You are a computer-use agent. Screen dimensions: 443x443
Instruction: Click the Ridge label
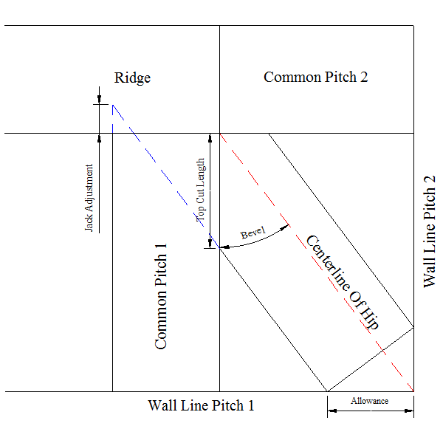(132, 78)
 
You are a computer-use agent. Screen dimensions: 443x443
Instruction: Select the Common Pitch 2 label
(315, 77)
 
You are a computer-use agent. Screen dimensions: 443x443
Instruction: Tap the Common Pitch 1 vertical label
(161, 296)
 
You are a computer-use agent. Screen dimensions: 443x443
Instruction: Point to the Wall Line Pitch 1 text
(201, 405)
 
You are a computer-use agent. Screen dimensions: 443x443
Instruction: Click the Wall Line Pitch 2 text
(430, 232)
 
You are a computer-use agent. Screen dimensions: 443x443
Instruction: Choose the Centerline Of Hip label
(343, 282)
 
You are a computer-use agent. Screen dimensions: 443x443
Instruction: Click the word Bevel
(253, 233)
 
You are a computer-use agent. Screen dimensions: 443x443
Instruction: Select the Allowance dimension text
(370, 401)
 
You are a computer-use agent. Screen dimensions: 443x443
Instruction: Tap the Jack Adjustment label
(89, 198)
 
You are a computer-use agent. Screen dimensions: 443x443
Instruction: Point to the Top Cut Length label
(200, 190)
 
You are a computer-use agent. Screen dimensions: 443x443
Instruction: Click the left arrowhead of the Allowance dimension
(332, 411)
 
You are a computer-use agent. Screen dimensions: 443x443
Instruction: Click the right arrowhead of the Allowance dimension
(409, 411)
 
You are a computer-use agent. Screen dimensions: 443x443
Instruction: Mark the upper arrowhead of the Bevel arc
(284, 227)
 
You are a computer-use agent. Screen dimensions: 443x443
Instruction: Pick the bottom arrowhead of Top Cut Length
(210, 244)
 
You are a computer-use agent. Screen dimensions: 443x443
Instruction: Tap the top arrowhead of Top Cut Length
(210, 138)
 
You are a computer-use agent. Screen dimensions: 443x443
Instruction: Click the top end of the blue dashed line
(113, 105)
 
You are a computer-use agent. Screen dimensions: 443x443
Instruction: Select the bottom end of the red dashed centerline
(413, 391)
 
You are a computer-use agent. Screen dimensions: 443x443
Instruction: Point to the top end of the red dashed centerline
(220, 134)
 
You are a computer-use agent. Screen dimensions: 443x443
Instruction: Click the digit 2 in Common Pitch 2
(364, 77)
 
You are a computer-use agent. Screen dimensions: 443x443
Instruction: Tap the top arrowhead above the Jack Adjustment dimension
(99, 100)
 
